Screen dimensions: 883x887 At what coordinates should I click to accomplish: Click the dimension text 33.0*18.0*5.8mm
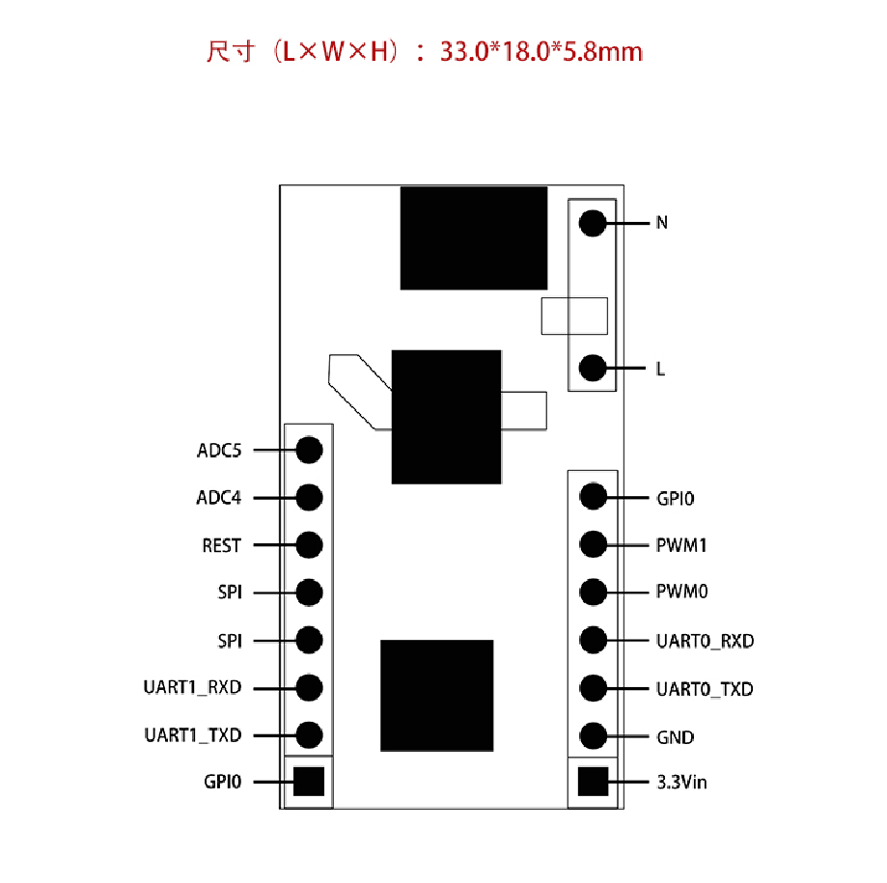(x=541, y=51)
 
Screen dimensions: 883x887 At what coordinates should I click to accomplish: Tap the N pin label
(x=662, y=223)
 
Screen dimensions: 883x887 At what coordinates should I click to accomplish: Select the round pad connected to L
(x=592, y=368)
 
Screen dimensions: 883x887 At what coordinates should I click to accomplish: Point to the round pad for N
(x=592, y=223)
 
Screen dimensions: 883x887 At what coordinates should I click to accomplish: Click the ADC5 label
(x=219, y=451)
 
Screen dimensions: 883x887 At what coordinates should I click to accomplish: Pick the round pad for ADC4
(x=309, y=498)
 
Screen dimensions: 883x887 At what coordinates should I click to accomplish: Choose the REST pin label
(x=221, y=545)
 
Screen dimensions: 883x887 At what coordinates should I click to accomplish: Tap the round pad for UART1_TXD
(x=309, y=735)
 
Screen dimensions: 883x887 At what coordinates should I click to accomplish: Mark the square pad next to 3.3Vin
(x=592, y=782)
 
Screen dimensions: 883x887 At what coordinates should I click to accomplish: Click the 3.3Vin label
(x=681, y=783)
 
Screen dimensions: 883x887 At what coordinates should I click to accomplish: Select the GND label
(x=675, y=737)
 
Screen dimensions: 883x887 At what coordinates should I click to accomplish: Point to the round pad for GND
(x=592, y=736)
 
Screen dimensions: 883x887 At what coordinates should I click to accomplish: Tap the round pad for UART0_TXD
(x=592, y=688)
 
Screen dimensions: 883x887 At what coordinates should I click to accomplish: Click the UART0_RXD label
(x=705, y=641)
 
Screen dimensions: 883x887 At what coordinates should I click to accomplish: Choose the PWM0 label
(x=681, y=592)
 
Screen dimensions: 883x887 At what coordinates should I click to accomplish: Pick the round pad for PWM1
(x=592, y=545)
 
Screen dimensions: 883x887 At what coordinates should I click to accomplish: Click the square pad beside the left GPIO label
(x=309, y=782)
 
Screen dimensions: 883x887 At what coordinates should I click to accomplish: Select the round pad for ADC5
(x=309, y=450)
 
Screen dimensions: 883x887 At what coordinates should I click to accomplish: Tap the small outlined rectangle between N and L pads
(x=574, y=316)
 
